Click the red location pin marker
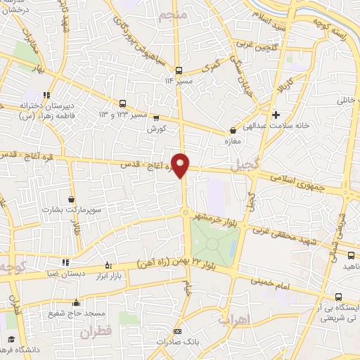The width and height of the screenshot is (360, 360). click(181, 165)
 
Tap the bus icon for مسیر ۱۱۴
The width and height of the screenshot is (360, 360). click(179, 70)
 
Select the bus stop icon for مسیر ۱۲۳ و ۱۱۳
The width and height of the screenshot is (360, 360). click(124, 103)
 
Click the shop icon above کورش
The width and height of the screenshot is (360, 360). click(156, 118)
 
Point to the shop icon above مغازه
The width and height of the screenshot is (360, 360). click(233, 130)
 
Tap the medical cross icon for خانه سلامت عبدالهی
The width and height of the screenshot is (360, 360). click(276, 115)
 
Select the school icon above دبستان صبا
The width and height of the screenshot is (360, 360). click(65, 263)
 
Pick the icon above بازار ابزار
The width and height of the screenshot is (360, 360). click(107, 264)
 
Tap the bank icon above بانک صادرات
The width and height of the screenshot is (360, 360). click(177, 331)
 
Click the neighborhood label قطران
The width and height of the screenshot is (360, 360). click(96, 333)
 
